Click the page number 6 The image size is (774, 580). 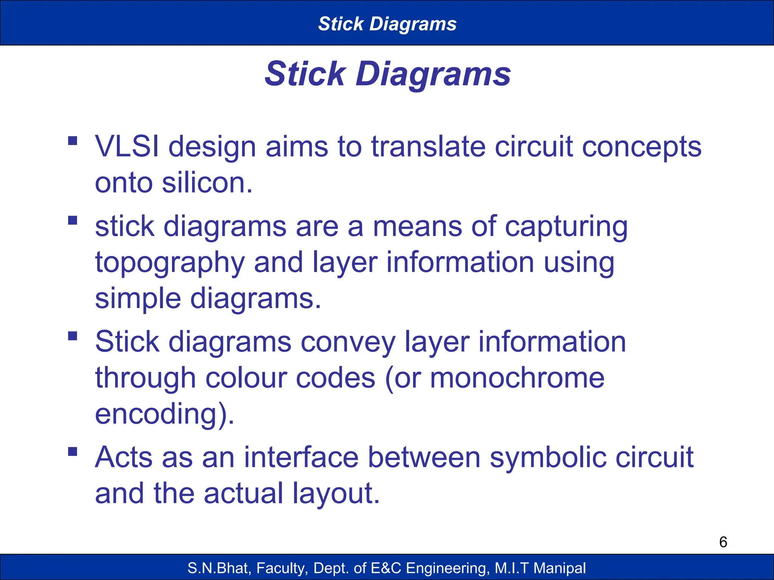click(x=723, y=542)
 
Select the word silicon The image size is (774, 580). click(x=207, y=183)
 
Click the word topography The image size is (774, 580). click(x=170, y=263)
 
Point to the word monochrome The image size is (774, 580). click(x=517, y=378)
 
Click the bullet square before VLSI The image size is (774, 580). click(x=73, y=141)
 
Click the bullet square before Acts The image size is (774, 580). click(x=73, y=452)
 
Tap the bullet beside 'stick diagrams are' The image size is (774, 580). click(x=73, y=221)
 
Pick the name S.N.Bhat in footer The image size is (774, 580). click(x=219, y=568)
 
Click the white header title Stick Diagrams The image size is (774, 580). click(x=387, y=24)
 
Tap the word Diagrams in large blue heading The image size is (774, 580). click(x=433, y=74)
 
